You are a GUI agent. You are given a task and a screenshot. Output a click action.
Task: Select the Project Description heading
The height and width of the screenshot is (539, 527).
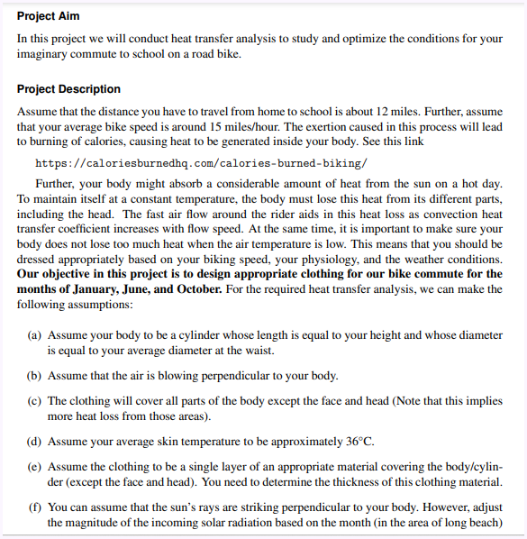point(68,89)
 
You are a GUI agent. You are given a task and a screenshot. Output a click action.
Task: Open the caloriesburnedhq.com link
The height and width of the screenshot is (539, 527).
point(200,163)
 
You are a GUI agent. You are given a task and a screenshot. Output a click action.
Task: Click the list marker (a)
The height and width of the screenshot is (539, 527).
point(35,335)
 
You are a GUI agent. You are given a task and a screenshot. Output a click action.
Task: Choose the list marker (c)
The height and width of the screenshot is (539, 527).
point(35,401)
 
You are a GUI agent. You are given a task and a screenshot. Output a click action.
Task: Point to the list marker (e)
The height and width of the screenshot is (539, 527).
point(35,467)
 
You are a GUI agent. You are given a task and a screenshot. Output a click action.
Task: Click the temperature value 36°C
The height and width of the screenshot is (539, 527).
point(359,443)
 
